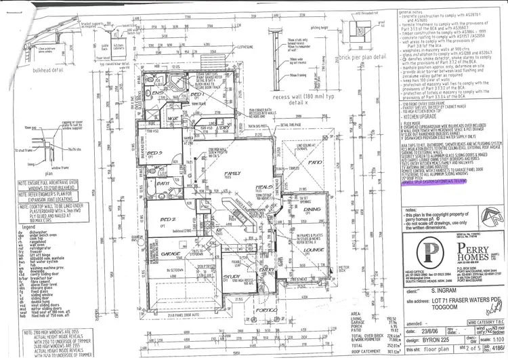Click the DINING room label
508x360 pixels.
pyautogui.click(x=312, y=209)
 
